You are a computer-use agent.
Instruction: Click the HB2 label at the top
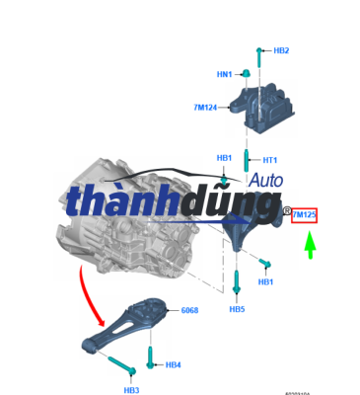pyautogui.click(x=281, y=50)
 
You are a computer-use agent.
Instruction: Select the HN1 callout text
pyautogui.click(x=224, y=74)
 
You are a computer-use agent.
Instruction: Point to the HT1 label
pyautogui.click(x=269, y=160)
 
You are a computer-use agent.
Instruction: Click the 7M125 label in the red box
pyautogui.click(x=304, y=214)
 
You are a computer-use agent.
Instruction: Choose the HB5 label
pyautogui.click(x=237, y=309)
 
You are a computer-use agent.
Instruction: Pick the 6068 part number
pyautogui.click(x=189, y=311)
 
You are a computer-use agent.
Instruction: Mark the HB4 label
pyautogui.click(x=173, y=365)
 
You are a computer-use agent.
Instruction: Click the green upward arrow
pyautogui.click(x=309, y=244)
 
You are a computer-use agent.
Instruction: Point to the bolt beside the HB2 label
pyautogui.click(x=259, y=62)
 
